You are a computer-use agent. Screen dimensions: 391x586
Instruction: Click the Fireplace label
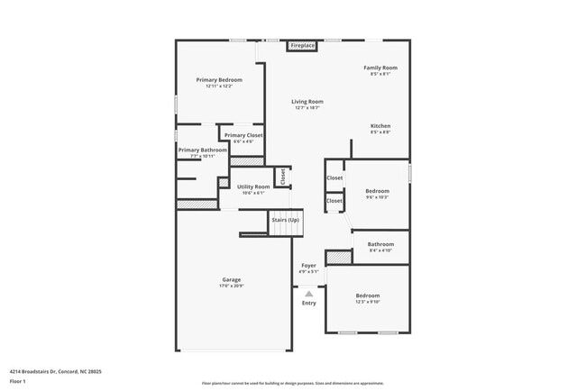pos(302,45)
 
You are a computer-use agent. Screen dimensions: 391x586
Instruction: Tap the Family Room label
pos(380,68)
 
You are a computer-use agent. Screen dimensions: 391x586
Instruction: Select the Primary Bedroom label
pos(219,79)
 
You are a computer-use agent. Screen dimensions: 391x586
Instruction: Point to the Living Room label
pos(307,102)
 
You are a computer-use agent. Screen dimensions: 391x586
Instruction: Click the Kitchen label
pos(380,125)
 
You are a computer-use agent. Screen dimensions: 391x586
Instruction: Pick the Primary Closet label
pos(243,135)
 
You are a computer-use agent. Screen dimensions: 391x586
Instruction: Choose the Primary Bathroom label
pos(202,150)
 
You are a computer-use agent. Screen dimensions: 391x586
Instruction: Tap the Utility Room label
pos(252,186)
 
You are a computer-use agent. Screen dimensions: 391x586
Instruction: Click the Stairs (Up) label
pos(285,220)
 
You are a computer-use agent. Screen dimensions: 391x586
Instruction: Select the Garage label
pos(232,279)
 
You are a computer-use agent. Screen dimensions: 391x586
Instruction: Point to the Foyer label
pos(308,266)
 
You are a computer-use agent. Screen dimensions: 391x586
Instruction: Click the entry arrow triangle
pos(308,293)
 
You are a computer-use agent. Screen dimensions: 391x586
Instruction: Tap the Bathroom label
pos(380,243)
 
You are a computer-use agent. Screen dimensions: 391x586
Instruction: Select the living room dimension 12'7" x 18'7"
pos(307,108)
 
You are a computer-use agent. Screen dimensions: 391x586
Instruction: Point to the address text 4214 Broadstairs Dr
pos(55,371)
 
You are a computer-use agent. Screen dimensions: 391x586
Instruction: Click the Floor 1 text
pos(17,381)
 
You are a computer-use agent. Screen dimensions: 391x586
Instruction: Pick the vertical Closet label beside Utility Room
pos(282,177)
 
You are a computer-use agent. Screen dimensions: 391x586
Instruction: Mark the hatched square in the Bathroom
pos(337,258)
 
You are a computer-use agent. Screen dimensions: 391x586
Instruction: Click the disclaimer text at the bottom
pos(292,383)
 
